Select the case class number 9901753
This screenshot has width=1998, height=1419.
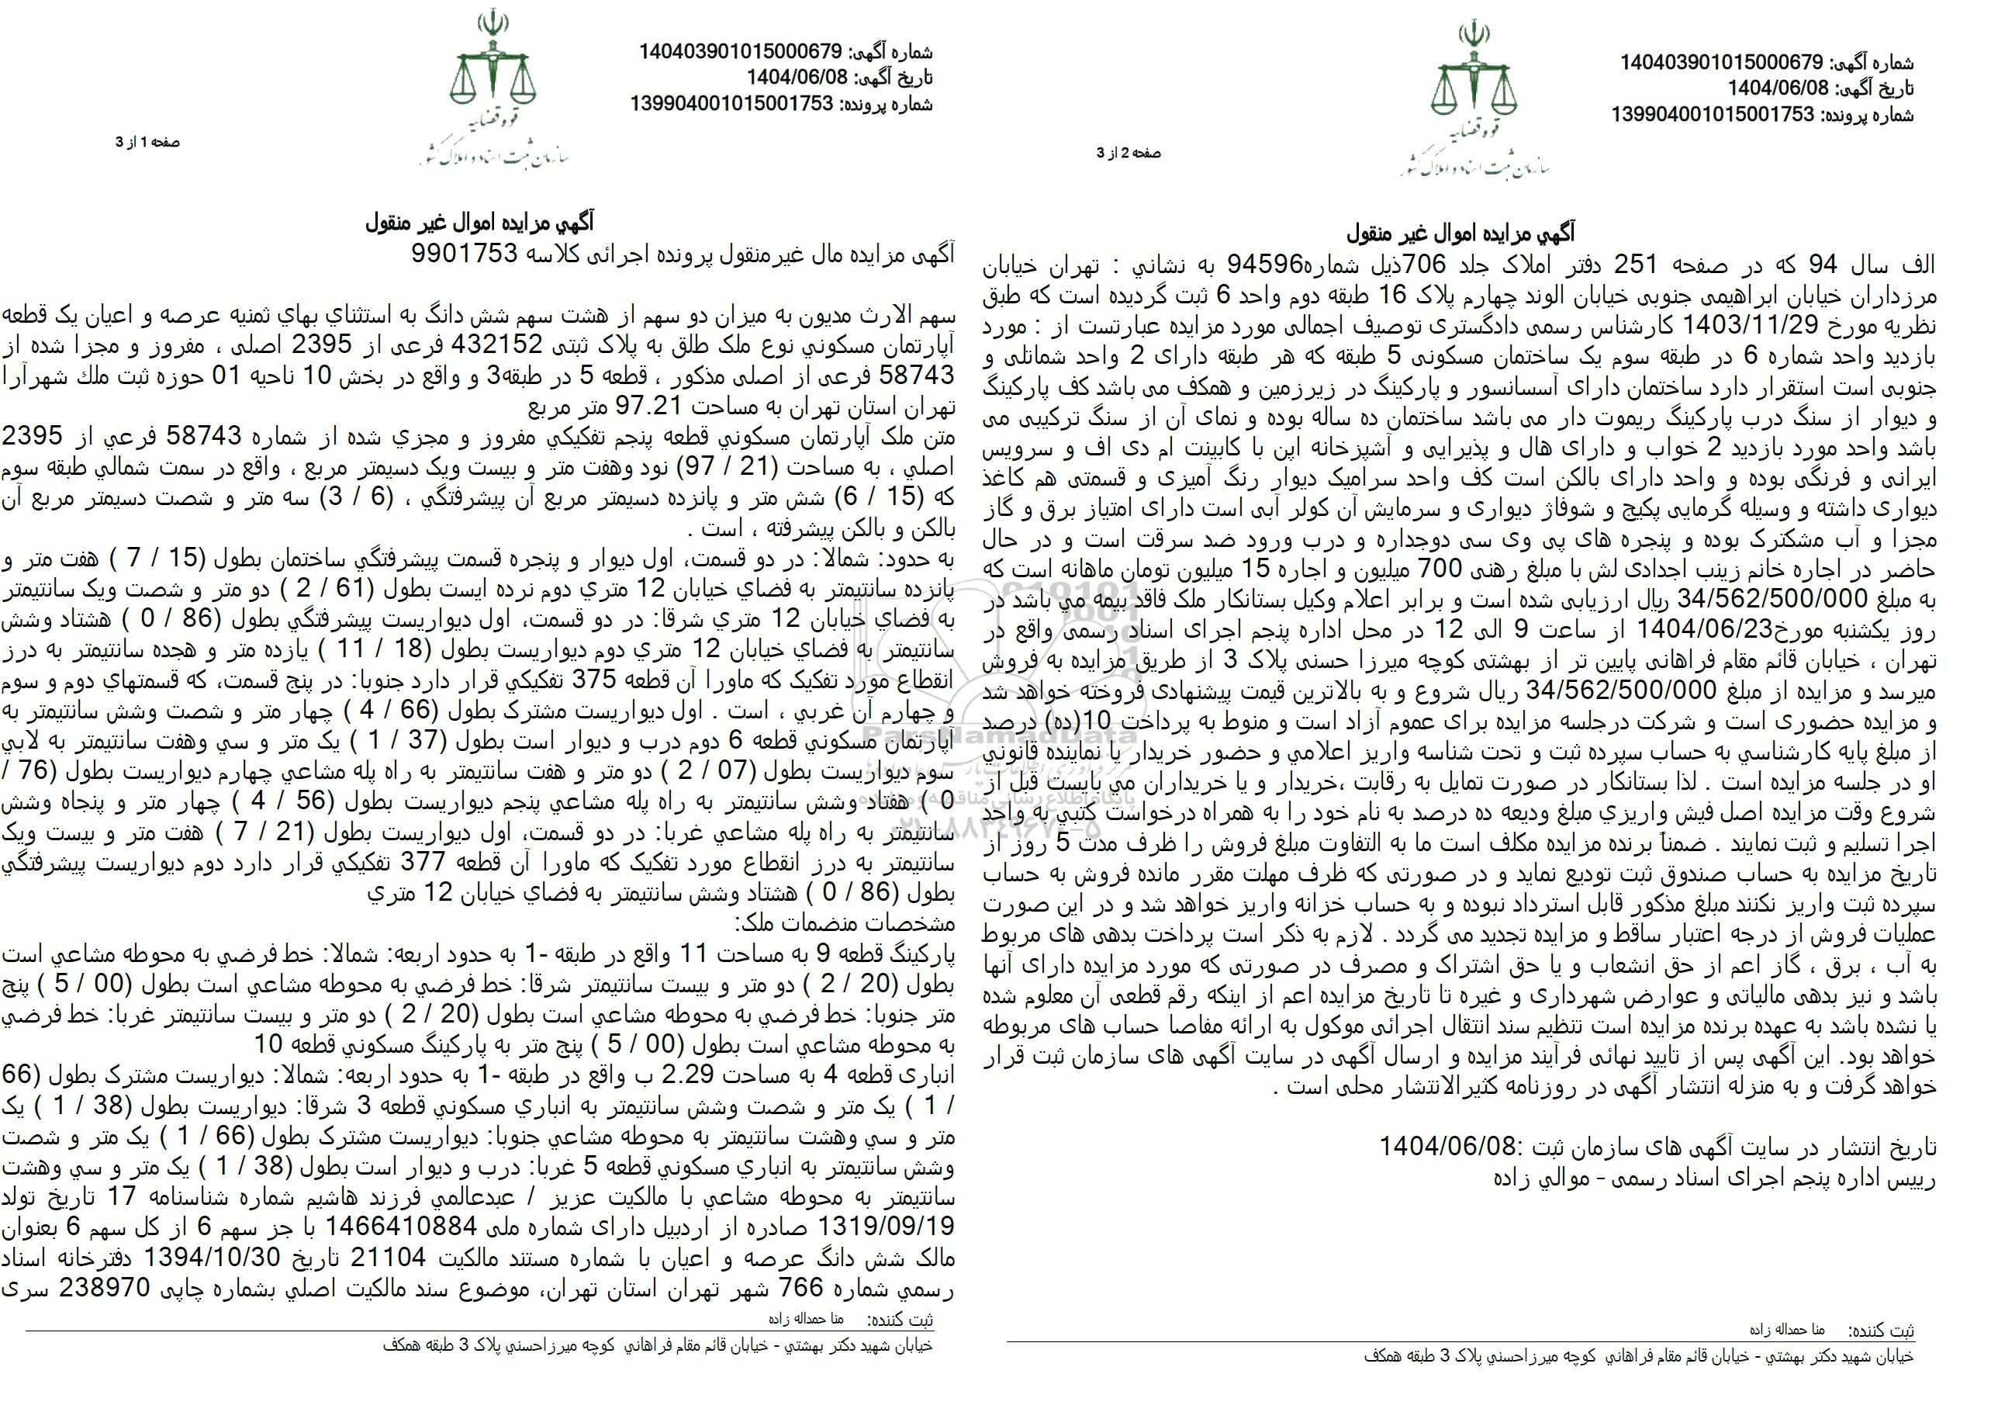pyautogui.click(x=462, y=254)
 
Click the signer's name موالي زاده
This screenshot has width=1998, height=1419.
pyautogui.click(x=1533, y=1178)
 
